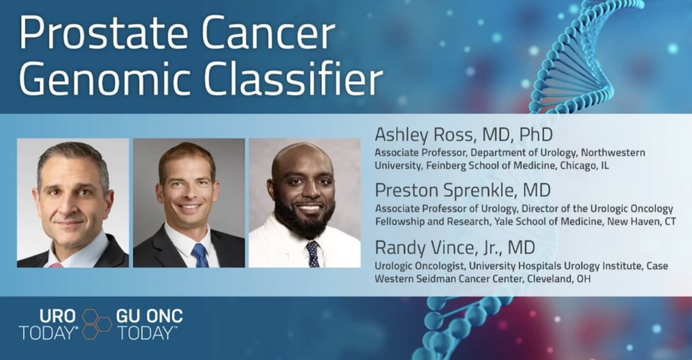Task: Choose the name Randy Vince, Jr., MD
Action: tap(455, 248)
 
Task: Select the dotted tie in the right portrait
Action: tap(313, 254)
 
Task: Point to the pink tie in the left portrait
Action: tap(56, 265)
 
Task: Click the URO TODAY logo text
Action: tap(48, 324)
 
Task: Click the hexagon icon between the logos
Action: tap(96, 324)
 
